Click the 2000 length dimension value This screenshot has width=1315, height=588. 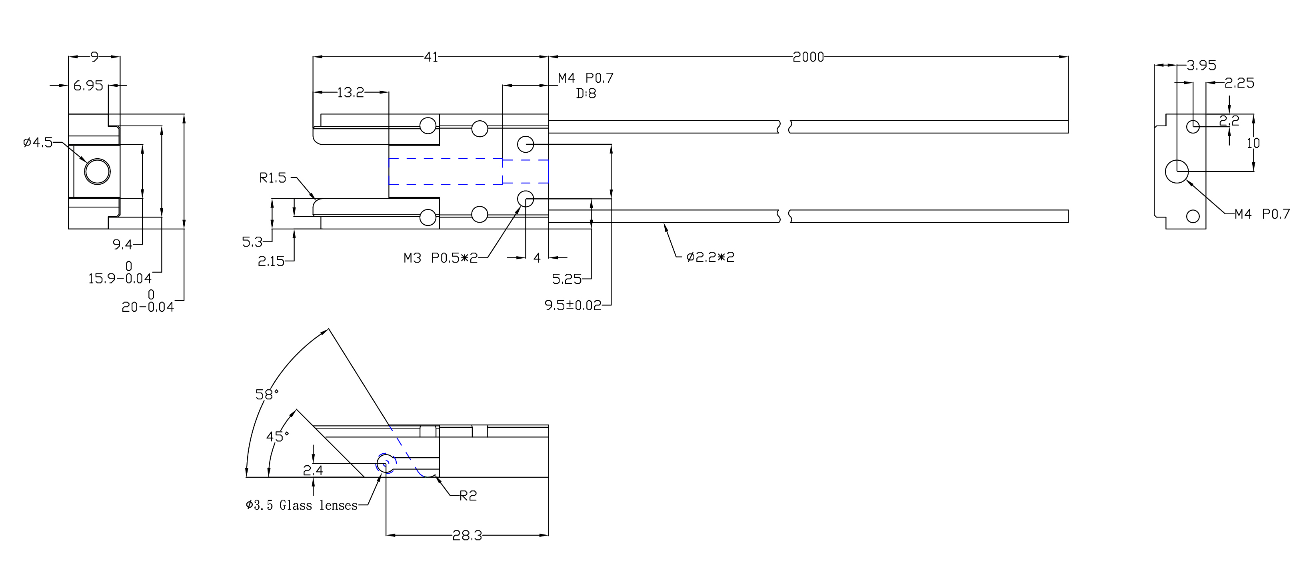coord(808,57)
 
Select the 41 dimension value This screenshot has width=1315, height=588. coord(431,57)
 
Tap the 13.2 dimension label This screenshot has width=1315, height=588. coord(350,92)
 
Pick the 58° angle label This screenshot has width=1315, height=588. coord(266,394)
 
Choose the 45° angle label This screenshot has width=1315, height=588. coord(277,437)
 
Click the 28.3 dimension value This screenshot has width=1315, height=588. coord(467,535)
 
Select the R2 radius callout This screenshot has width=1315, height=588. coord(468,496)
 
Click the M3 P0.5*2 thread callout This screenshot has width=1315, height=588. coord(440,258)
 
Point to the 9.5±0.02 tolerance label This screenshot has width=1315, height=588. coord(573,305)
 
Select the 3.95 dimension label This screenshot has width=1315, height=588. coord(1201,65)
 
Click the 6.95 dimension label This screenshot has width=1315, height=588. coord(88,85)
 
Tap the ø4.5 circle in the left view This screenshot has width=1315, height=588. coord(97,171)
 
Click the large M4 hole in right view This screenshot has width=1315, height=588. coord(1177,171)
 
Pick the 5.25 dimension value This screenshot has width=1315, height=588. coord(567,279)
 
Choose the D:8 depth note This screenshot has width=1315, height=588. coord(586,94)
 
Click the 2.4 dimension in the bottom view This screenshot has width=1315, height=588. coord(313,470)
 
